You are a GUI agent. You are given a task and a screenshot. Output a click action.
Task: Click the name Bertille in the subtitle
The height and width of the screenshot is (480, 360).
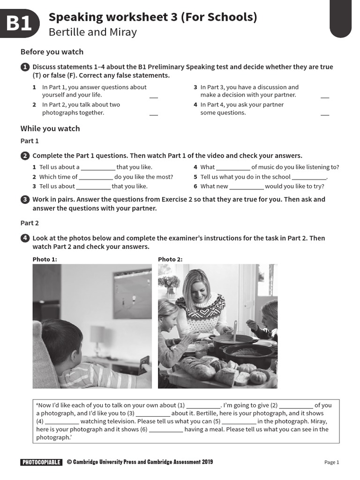coord(65,32)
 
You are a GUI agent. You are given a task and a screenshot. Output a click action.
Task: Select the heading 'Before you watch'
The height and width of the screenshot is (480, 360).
coord(52,52)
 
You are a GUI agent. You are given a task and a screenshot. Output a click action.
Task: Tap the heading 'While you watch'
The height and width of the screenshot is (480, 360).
coord(50,128)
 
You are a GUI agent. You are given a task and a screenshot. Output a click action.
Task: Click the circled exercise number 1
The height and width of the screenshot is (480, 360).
coord(25,67)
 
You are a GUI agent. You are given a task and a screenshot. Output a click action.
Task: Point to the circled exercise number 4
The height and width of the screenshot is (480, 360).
coord(25,238)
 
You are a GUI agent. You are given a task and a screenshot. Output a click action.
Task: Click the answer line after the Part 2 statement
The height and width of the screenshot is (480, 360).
coord(153,114)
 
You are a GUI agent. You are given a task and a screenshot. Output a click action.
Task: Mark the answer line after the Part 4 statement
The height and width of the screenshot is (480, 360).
coord(325,114)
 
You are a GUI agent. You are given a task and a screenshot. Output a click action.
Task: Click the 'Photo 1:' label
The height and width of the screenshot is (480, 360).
coord(45,259)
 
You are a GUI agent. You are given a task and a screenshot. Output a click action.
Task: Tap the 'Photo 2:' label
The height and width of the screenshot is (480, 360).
coord(170,259)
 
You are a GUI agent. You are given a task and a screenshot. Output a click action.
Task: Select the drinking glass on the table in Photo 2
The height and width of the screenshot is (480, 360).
coord(201,349)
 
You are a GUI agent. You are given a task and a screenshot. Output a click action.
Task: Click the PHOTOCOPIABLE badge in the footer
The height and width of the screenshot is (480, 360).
coord(41,462)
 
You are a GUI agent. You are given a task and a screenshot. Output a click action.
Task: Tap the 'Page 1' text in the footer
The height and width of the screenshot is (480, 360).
coord(331,462)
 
